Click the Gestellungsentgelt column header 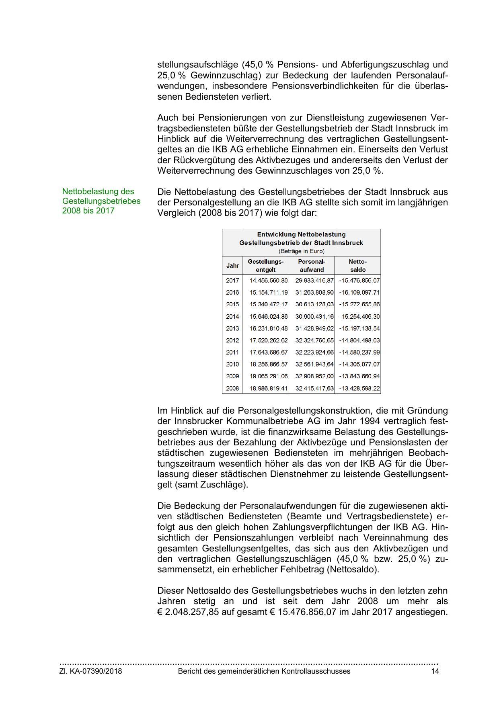(x=265, y=266)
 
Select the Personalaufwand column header (x=311, y=266)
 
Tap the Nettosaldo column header (x=357, y=266)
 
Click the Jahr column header (x=232, y=266)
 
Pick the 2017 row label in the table (x=232, y=281)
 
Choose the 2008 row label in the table (x=232, y=389)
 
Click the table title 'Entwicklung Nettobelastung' (x=301, y=234)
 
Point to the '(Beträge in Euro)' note (x=301, y=251)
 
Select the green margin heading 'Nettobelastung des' (x=98, y=192)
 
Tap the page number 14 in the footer (x=435, y=671)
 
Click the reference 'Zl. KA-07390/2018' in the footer (x=91, y=671)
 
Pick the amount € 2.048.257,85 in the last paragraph (x=188, y=612)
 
